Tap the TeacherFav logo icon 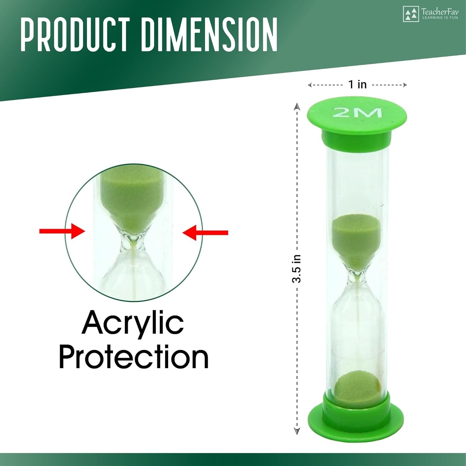[411, 14]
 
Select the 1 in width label [357, 84]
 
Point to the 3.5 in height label [296, 269]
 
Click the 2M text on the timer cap [357, 113]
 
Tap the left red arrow [62, 231]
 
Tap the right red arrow [205, 233]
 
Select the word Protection [134, 357]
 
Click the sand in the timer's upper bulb [356, 239]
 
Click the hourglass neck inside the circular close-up [134, 241]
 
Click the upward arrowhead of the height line [297, 106]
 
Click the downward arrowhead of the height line [297, 431]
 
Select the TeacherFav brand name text [440, 12]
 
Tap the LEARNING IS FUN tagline [440, 18]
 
